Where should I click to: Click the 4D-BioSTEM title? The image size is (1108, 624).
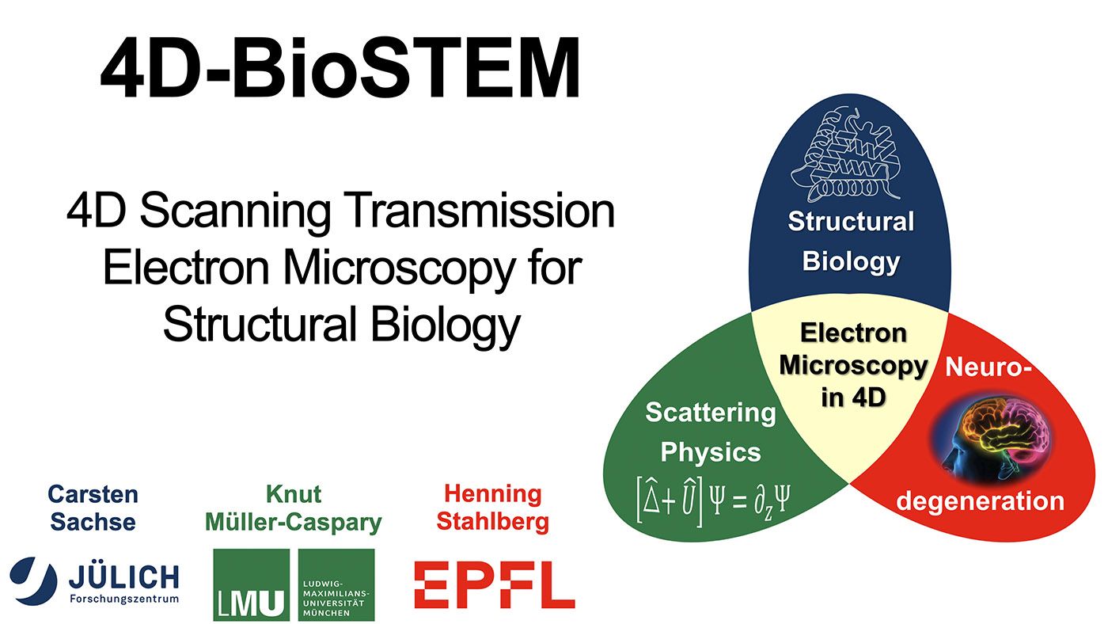click(340, 67)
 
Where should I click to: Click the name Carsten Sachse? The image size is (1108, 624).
click(93, 508)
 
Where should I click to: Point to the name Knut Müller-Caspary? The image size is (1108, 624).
click(294, 508)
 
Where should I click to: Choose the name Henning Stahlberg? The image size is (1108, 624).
click(492, 508)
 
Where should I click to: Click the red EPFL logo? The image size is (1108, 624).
click(494, 584)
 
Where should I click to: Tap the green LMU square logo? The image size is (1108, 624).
click(252, 584)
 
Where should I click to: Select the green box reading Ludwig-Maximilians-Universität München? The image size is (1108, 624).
click(336, 584)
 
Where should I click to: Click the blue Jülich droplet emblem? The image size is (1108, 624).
click(33, 580)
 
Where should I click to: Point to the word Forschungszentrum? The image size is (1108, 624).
click(124, 599)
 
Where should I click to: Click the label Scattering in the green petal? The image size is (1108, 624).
click(711, 413)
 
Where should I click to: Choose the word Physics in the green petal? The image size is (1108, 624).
click(711, 452)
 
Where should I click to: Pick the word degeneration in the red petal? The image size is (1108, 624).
click(980, 500)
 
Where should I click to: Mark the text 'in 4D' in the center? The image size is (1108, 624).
click(853, 398)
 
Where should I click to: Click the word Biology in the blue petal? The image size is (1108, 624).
click(851, 262)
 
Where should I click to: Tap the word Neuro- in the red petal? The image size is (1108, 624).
click(988, 367)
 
